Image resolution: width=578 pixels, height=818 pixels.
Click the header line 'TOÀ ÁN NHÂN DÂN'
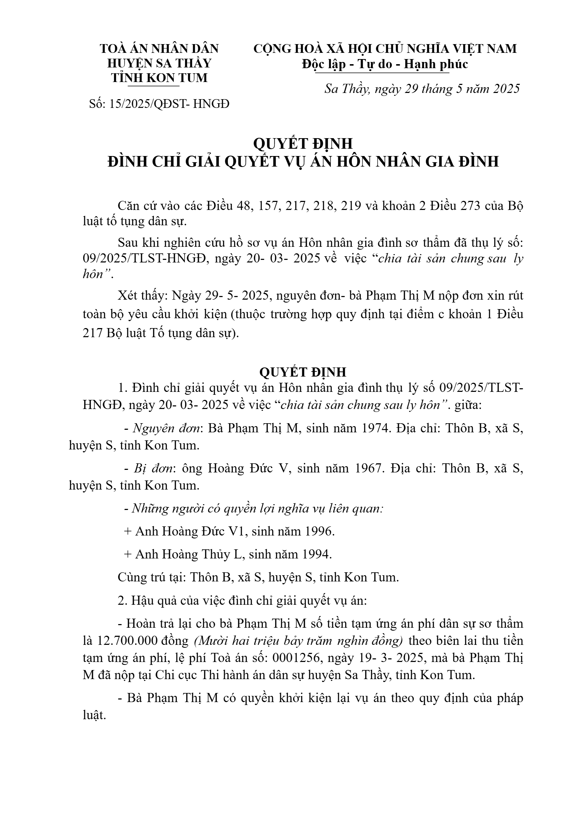click(159, 49)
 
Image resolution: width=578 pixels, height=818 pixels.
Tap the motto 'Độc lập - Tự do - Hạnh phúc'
click(385, 65)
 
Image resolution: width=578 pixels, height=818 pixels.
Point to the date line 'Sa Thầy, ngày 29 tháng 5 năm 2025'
click(422, 89)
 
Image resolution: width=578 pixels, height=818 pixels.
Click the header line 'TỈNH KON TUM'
click(159, 78)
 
